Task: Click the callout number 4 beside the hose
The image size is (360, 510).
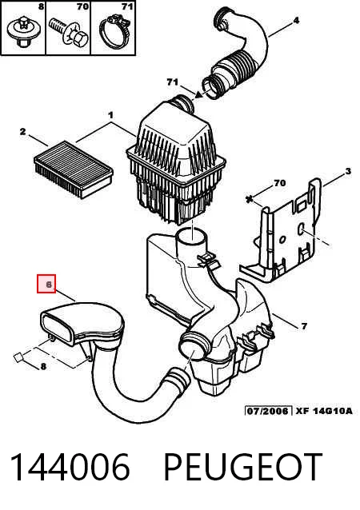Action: click(296, 21)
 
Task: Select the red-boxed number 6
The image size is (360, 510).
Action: click(49, 285)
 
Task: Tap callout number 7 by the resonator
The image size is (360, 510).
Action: click(304, 326)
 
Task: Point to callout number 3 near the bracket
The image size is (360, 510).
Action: click(348, 171)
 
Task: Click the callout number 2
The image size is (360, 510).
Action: click(22, 132)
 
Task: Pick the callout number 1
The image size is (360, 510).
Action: click(110, 115)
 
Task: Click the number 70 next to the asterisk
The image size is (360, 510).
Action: click(280, 183)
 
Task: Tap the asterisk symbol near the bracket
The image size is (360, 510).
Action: click(250, 199)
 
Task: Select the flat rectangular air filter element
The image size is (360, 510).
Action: click(74, 169)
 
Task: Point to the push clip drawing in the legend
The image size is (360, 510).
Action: click(22, 33)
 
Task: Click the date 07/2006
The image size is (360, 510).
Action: click(267, 411)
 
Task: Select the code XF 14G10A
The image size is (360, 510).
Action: click(324, 411)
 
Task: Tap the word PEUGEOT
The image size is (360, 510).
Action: click(243, 467)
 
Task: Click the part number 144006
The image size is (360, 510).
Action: click(70, 467)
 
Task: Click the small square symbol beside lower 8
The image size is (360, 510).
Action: click(18, 357)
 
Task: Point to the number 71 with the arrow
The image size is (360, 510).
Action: click(172, 82)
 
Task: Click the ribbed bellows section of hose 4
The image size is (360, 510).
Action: click(236, 70)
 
